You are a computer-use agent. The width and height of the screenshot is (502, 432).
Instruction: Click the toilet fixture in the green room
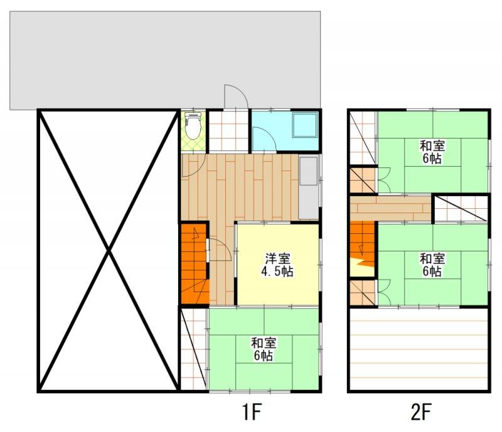click(193, 126)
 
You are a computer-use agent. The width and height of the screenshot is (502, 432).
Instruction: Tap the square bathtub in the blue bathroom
click(305, 125)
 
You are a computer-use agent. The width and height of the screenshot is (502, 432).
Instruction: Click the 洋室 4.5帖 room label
click(277, 265)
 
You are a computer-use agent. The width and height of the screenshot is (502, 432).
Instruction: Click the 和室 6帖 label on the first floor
click(264, 349)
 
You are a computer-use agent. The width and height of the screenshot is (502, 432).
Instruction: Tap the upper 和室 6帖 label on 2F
click(432, 152)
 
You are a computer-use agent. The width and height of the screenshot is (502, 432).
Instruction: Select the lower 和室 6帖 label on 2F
click(432, 265)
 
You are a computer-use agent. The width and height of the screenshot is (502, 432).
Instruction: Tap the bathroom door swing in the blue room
click(264, 139)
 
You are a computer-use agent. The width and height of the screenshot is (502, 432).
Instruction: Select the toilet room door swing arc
click(194, 166)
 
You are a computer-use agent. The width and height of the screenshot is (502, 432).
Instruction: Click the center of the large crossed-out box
click(109, 251)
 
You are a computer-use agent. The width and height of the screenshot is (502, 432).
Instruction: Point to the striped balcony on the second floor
click(419, 349)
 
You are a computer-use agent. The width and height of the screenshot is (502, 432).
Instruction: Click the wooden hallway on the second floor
click(390, 208)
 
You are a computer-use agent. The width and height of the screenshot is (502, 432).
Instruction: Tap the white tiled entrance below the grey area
click(228, 130)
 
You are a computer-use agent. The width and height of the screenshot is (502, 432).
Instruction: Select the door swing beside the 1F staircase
click(220, 250)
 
